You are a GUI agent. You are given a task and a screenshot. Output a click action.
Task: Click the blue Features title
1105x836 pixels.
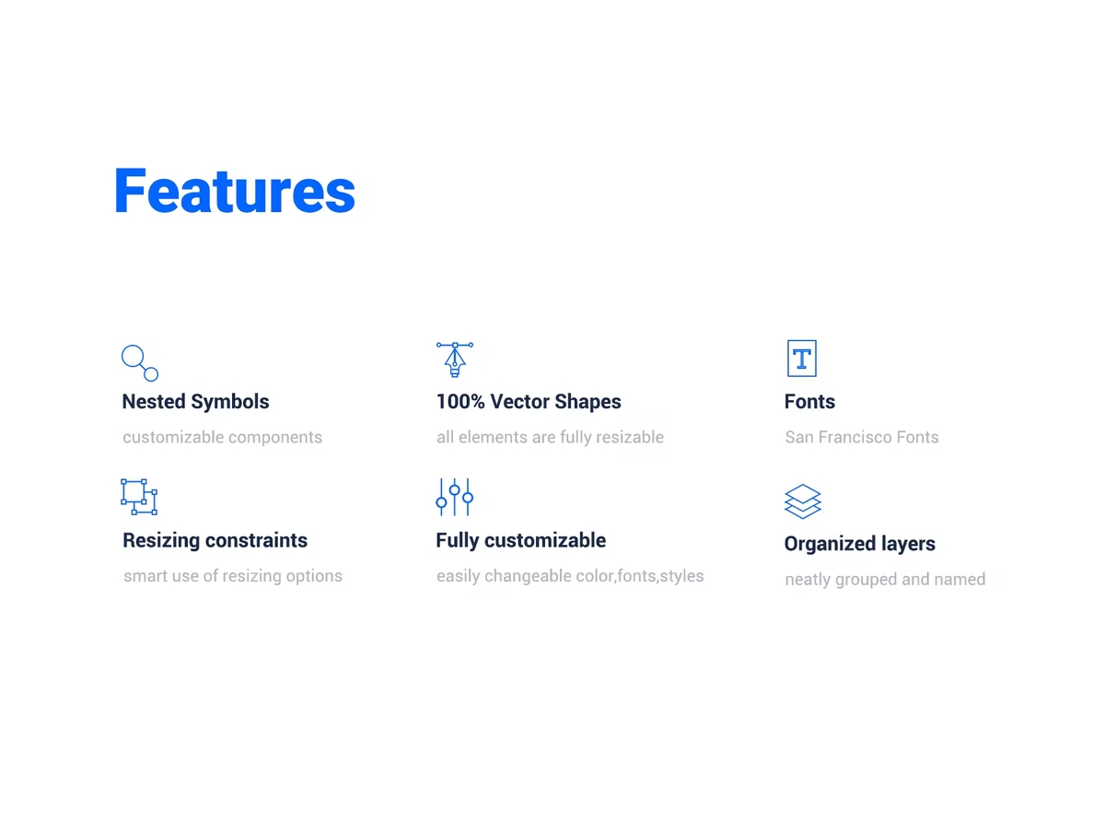[235, 191]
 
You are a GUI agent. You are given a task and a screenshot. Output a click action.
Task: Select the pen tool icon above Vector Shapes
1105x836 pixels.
[455, 359]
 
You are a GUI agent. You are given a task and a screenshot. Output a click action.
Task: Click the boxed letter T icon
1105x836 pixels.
[801, 359]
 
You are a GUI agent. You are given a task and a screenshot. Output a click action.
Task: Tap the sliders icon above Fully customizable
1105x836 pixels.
[455, 497]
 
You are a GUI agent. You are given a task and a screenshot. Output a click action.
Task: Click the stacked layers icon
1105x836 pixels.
[802, 501]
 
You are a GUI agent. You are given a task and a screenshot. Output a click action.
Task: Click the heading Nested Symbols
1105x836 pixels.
[195, 402]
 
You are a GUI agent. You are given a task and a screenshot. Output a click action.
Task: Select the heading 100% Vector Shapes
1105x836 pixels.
[529, 401]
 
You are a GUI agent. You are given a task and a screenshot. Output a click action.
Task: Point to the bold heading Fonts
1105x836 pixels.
[809, 401]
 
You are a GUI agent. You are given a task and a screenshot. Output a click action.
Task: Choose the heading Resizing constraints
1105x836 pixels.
[215, 540]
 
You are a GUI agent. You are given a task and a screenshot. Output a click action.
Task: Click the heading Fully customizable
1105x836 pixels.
[520, 541]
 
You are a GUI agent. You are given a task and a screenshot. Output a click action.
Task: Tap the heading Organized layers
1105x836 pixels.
[859, 544]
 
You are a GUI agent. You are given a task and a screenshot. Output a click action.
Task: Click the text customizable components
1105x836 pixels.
[222, 438]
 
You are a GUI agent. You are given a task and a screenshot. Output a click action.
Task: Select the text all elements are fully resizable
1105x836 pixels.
[550, 437]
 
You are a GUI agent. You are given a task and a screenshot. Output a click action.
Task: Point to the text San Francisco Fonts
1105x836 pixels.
[861, 437]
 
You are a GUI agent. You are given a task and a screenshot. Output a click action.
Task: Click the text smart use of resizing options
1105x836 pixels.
[233, 576]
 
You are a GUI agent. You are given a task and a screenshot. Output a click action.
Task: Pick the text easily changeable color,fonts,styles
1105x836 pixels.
[570, 576]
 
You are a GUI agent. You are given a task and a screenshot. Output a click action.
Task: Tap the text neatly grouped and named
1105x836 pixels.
[885, 580]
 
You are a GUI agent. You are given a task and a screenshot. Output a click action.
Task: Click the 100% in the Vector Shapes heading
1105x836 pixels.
[460, 401]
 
